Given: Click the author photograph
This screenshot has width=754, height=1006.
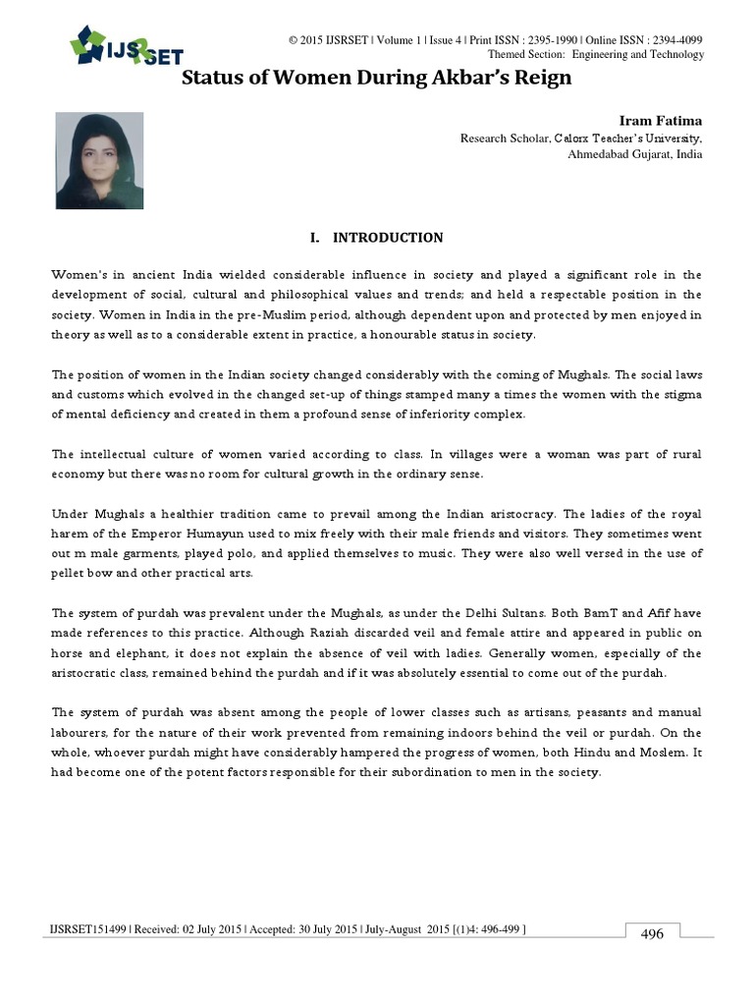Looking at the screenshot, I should coord(99,160).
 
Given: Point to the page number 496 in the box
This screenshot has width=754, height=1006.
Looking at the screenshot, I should coord(652,933).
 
